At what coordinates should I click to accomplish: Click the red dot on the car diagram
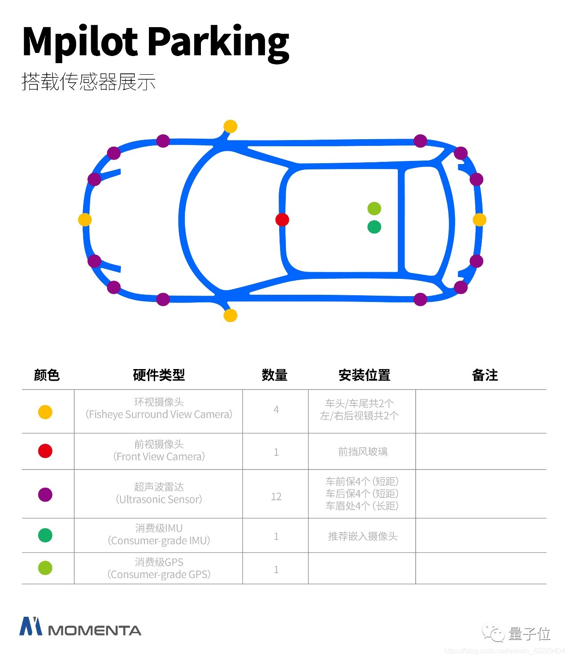282,220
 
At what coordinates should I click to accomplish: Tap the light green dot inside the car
374,208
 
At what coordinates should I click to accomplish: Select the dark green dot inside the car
374,227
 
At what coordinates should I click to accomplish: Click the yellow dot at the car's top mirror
230,126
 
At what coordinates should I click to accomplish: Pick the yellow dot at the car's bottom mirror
230,315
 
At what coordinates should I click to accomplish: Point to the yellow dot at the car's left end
85,220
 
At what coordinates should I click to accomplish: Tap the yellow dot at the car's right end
479,220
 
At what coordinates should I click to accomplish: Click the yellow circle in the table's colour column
45,412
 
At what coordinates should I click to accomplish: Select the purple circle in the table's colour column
45,494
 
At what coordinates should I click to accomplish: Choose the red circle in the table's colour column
45,451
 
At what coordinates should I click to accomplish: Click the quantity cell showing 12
276,497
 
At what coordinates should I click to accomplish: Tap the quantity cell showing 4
276,410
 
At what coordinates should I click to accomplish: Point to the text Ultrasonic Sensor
159,499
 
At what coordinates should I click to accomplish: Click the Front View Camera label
159,457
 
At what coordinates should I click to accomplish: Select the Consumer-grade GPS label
159,575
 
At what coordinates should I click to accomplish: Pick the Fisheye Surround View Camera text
159,414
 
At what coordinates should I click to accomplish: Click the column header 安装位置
365,375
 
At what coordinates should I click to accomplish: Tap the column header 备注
485,375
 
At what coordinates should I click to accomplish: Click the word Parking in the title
218,42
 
